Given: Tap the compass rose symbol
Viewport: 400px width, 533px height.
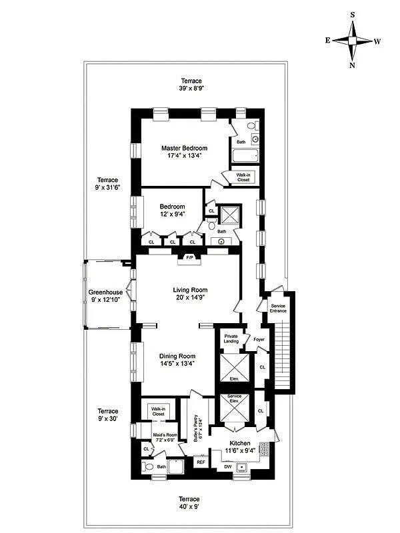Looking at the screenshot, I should click(x=352, y=41).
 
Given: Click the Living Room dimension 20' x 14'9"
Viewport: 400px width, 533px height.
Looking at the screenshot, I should click(x=191, y=298).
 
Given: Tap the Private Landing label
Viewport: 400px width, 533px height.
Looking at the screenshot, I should click(x=231, y=338).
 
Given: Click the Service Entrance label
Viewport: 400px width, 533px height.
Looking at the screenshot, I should click(x=278, y=308).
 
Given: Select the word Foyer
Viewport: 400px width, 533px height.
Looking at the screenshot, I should click(x=259, y=339).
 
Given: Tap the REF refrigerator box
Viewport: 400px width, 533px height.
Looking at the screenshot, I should click(x=200, y=461).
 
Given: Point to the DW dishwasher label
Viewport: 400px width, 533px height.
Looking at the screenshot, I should click(x=227, y=466).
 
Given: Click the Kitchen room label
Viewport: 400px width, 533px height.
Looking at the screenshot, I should click(x=240, y=443).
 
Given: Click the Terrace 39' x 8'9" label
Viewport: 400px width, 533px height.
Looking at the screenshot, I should click(x=191, y=85).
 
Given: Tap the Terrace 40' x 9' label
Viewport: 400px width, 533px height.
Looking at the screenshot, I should click(x=189, y=502).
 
